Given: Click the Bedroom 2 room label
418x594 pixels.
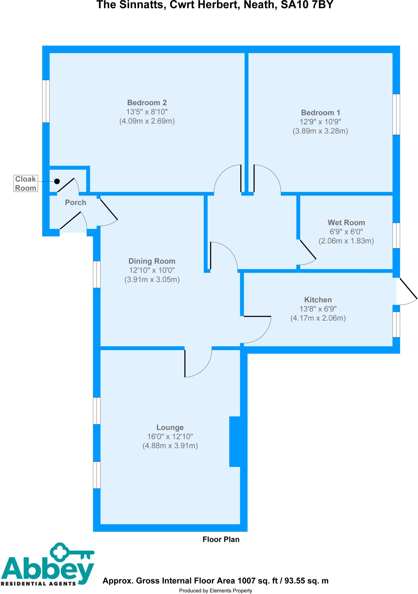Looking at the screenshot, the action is pos(147,103).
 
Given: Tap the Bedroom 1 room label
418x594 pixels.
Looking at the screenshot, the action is pos(320,113).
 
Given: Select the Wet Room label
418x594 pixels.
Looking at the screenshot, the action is pos(346,222).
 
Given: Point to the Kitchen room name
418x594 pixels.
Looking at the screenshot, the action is pos(318,300).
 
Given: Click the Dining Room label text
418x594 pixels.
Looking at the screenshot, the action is pos(152,261).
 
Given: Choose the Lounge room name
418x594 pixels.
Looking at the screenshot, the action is pos(170,427).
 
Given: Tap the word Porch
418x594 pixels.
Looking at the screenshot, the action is pos(75,202).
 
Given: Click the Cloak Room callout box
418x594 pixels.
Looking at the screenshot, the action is pos(26,183).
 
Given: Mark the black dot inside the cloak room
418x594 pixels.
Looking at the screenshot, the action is pos(57,181).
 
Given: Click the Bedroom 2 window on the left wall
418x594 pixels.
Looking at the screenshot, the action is pos(46,101).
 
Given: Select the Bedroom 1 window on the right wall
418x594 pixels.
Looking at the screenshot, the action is pos(396,114).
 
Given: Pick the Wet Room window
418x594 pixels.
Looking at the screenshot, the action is pos(396,235).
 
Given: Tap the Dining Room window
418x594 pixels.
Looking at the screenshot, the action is pos(97,274).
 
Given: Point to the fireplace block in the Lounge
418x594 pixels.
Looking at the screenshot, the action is pos(235,442).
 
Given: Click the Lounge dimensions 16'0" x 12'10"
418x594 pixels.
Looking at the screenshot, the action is pos(170,437).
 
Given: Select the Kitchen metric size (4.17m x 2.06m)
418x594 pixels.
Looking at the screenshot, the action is pos(318,318).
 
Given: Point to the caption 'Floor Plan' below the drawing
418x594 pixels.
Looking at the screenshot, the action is pos(221,539).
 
